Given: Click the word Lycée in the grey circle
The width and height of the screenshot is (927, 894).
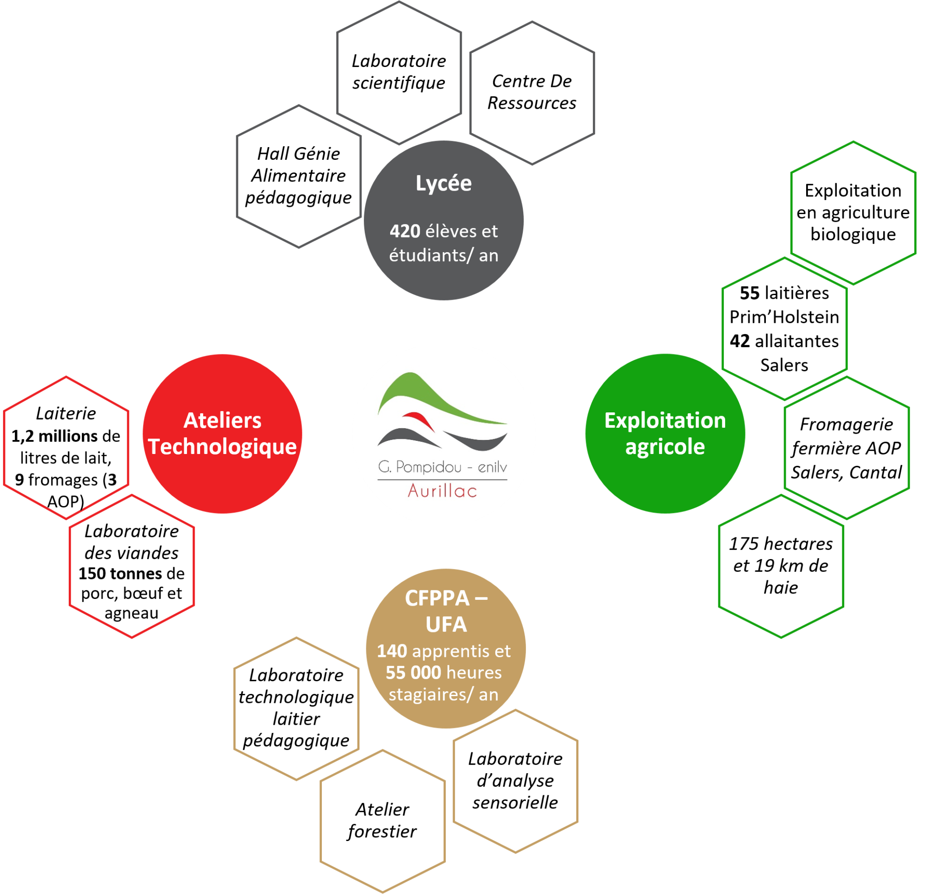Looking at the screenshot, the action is (x=443, y=183).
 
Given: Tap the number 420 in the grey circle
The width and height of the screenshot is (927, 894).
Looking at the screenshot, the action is (x=405, y=231).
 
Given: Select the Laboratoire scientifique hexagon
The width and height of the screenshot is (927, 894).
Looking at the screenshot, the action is (x=399, y=72).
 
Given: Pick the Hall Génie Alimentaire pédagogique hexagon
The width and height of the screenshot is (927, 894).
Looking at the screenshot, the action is (x=298, y=176).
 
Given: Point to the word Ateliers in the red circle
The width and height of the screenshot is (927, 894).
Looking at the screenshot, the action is (x=222, y=421).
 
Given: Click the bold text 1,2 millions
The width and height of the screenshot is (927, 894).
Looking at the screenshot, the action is (x=54, y=436).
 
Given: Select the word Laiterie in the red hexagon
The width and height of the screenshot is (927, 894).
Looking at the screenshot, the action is (x=66, y=413).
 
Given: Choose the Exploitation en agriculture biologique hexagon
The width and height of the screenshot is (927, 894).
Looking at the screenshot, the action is (x=853, y=213).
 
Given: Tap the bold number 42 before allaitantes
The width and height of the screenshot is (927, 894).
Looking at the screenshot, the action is (x=740, y=341).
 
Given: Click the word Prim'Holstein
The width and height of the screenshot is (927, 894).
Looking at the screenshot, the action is (x=784, y=317).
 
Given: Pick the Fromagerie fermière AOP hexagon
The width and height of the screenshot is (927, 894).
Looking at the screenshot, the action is (x=846, y=448).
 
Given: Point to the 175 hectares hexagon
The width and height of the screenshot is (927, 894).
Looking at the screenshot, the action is (x=781, y=566).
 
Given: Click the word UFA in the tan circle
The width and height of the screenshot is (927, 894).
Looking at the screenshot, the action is (x=446, y=624).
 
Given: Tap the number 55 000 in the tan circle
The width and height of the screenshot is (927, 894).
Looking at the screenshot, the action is (x=413, y=673).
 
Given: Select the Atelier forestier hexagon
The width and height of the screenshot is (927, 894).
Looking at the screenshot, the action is (x=382, y=821).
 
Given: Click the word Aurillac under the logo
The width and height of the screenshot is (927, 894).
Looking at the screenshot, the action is (x=442, y=491).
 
